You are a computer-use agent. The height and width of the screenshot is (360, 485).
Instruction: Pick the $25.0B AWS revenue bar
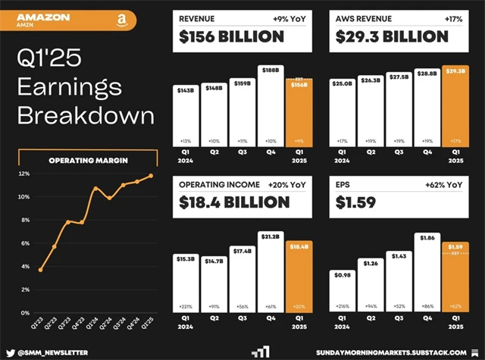[x=342, y=114]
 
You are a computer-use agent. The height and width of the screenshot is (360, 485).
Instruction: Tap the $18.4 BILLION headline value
[x=235, y=202]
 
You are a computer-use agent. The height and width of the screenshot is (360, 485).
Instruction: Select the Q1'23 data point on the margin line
[x=40, y=270]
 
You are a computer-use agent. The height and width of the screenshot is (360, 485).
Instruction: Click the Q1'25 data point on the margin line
[x=152, y=175]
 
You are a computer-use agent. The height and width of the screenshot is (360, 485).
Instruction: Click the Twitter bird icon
[x=11, y=352]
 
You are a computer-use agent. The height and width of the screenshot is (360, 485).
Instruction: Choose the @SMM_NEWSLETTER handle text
[x=53, y=352]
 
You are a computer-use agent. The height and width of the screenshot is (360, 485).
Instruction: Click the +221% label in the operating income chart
[x=186, y=306]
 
